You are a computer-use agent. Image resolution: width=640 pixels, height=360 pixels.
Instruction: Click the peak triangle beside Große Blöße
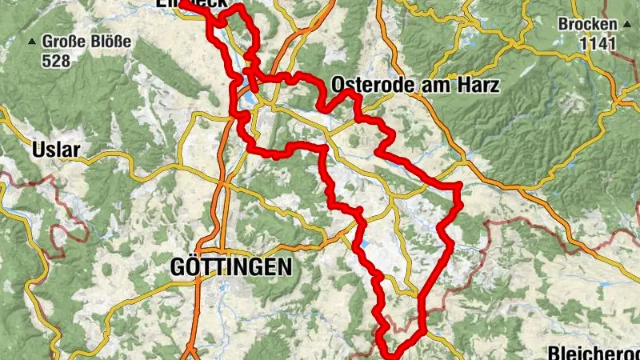click(x=32, y=41)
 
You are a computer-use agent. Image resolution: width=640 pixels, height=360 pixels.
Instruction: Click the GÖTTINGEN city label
click(x=230, y=268)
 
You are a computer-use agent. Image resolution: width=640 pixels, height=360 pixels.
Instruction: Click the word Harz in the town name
click(x=478, y=85)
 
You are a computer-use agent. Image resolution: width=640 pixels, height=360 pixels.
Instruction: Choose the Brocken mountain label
click(x=588, y=23)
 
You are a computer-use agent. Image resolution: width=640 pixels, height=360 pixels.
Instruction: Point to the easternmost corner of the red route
click(x=461, y=187)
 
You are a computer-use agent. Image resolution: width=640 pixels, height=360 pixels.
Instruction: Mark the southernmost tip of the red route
click(x=392, y=357)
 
